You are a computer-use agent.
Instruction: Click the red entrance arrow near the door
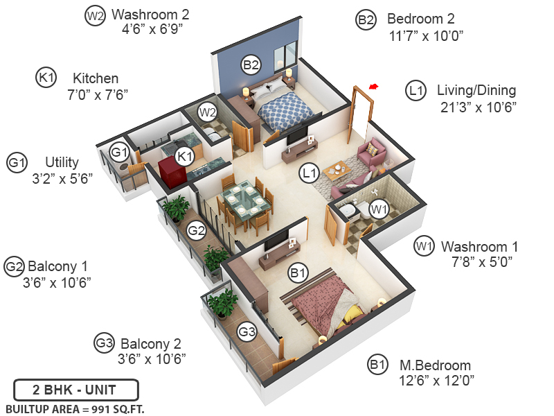tap(374, 87)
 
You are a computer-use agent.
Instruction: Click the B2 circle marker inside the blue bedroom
tap(251, 66)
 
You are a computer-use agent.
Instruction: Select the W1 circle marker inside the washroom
tap(377, 208)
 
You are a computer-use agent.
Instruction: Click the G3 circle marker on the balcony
tap(247, 332)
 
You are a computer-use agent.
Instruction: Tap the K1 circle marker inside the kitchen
tap(184, 157)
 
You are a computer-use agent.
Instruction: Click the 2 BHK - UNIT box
tap(76, 389)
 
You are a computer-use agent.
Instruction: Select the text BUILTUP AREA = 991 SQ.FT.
tap(75, 409)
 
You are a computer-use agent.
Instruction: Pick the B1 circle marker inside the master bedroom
tap(298, 274)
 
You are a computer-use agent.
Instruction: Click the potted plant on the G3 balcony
tap(223, 304)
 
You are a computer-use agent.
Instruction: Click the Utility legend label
tap(62, 162)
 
